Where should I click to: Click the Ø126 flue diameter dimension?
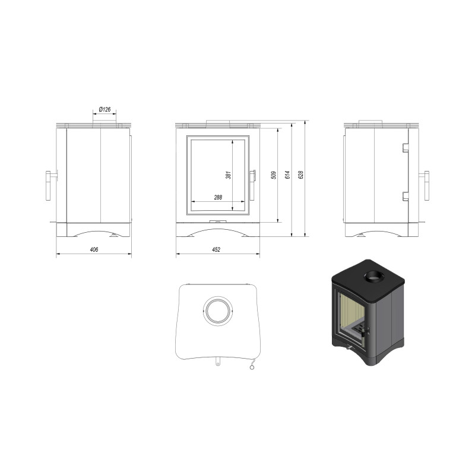[105, 109]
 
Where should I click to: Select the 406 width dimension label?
[94, 249]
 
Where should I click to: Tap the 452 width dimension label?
[216, 249]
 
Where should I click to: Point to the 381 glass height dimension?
[229, 175]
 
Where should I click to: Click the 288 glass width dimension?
[218, 197]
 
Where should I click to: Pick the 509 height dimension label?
[274, 175]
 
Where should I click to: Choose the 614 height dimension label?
[287, 175]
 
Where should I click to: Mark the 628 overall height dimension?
[301, 175]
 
